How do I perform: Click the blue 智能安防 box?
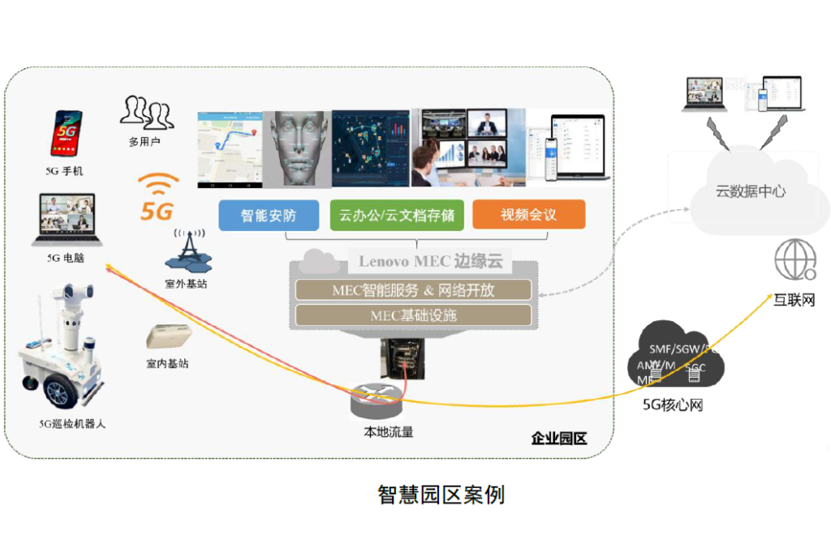click(268, 215)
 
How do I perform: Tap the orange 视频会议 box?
click(528, 215)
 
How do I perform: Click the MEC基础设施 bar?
click(413, 315)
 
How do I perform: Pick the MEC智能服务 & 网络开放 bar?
click(413, 290)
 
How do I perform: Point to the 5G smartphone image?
click(67, 134)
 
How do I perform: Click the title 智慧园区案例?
click(441, 495)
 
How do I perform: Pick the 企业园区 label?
click(558, 439)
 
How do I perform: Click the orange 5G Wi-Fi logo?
click(157, 197)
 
